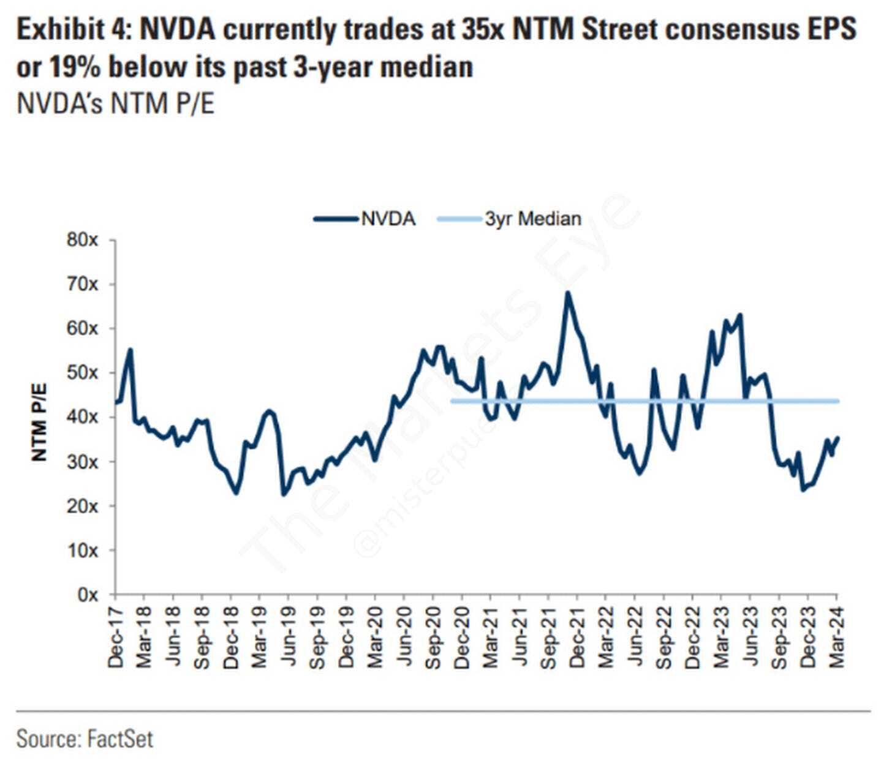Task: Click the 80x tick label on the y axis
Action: [x=82, y=240]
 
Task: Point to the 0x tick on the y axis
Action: [x=87, y=595]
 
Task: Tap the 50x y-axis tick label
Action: [x=82, y=373]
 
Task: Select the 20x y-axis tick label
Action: [x=82, y=506]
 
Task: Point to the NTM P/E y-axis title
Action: [x=40, y=422]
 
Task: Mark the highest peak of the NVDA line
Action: [x=568, y=293]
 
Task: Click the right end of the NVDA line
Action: [x=837, y=438]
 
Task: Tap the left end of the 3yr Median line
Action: [x=452, y=401]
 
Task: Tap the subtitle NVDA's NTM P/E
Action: [x=115, y=103]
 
